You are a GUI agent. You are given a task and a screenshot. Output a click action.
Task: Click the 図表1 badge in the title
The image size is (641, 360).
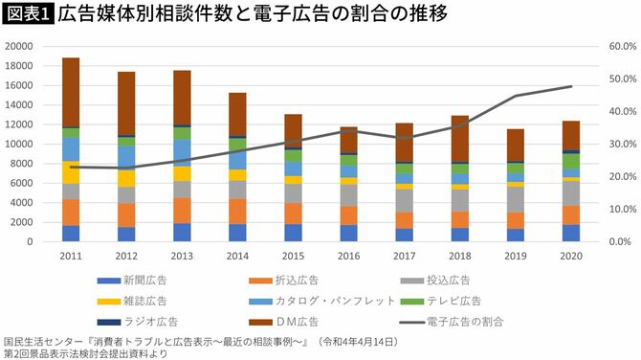pyautogui.click(x=27, y=14)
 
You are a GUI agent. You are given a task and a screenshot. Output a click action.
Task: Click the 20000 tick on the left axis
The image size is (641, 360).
pyautogui.click(x=18, y=46)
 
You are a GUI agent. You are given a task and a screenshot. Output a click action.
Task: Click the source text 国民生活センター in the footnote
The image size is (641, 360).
pyautogui.click(x=48, y=340)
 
